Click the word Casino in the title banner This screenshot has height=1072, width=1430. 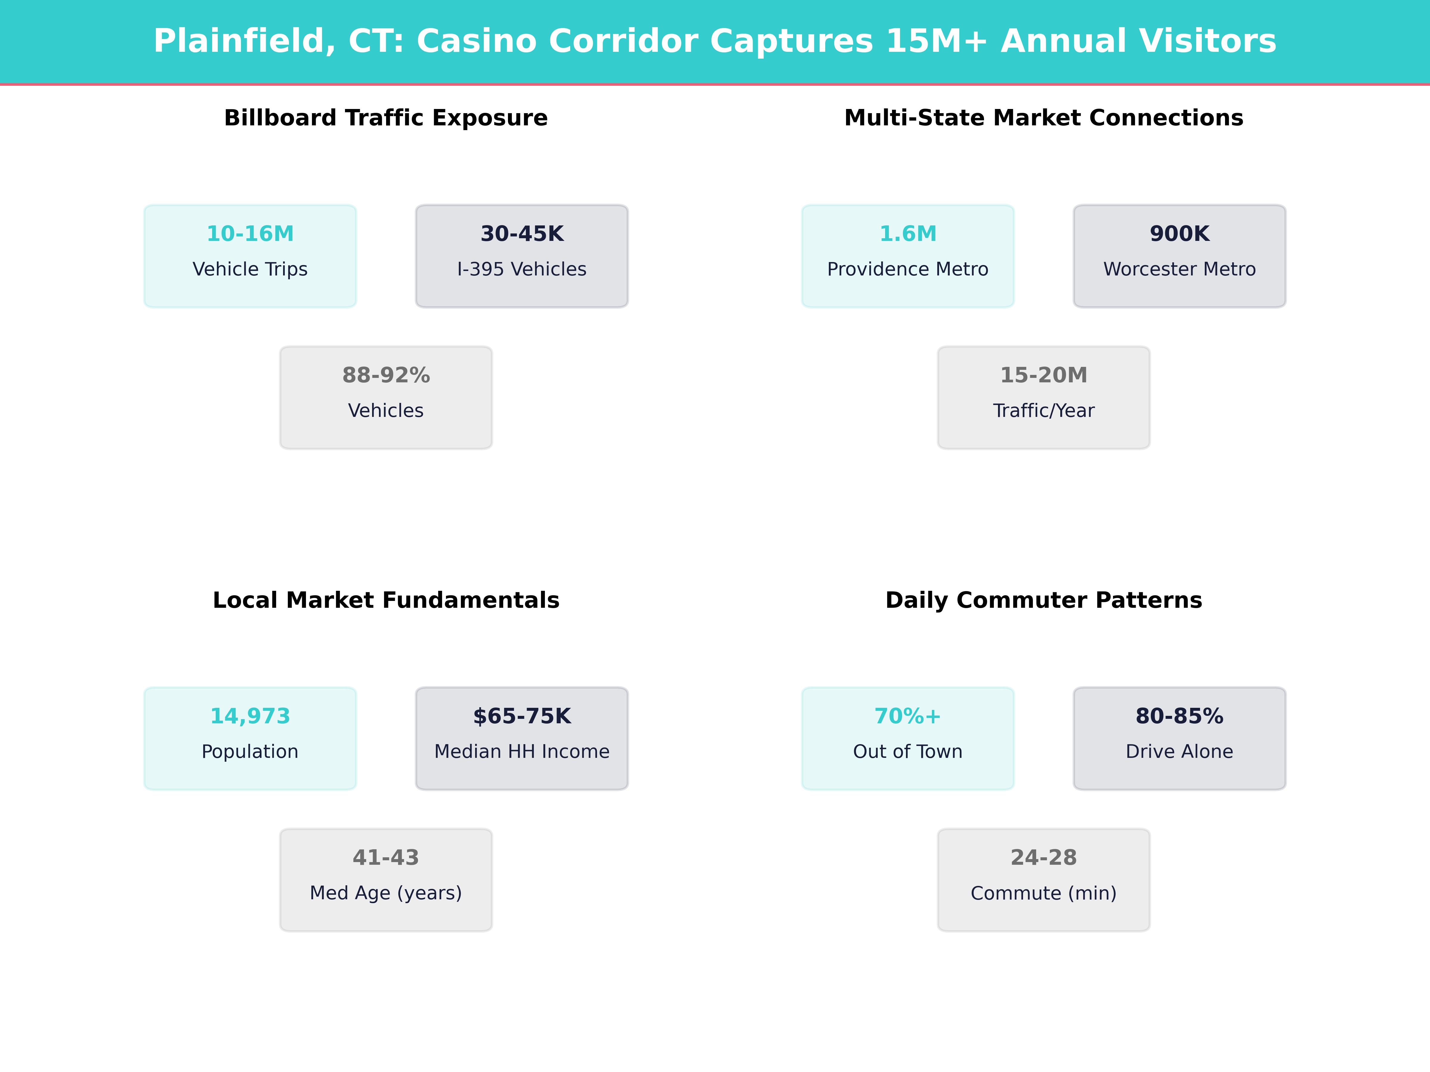(476, 41)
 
